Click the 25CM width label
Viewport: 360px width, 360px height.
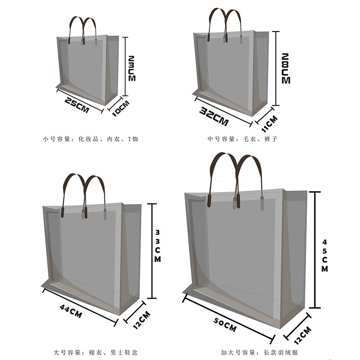click(76, 105)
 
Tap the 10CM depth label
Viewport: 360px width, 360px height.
click(121, 108)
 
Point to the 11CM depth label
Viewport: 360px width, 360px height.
click(270, 124)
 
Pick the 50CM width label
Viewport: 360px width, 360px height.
click(225, 324)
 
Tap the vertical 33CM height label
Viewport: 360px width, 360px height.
click(157, 246)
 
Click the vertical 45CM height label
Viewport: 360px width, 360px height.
click(324, 256)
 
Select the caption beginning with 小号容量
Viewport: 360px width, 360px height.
click(90, 139)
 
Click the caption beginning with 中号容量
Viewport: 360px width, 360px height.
click(243, 139)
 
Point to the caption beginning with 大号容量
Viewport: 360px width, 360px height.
click(95, 352)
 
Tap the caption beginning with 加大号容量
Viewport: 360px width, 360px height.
click(260, 352)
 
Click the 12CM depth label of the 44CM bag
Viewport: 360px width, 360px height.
click(142, 320)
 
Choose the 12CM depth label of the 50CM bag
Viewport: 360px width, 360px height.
click(302, 336)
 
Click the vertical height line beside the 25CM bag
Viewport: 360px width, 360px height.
click(125, 66)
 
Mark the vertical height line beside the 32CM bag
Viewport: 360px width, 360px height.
click(276, 68)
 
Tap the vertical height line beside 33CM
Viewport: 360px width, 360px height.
click(152, 251)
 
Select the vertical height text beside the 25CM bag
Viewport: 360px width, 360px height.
click(132, 68)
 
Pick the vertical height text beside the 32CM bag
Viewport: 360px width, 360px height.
click(286, 68)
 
